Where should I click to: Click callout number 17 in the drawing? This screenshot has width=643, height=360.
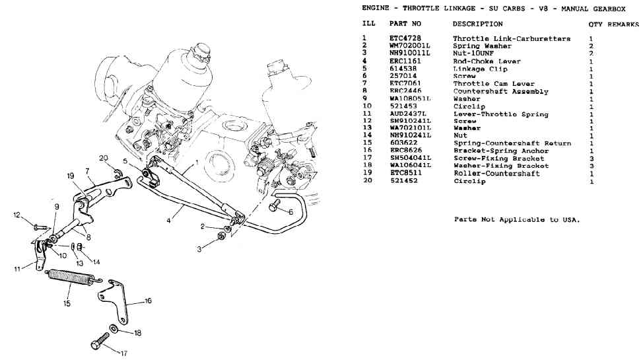pos(123,353)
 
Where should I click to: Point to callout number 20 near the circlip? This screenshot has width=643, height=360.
pos(103,157)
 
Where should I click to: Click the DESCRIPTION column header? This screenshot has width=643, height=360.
pos(477,24)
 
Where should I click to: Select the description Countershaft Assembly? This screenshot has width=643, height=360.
pos(500,92)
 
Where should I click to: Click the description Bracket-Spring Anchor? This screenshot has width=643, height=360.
pos(499,151)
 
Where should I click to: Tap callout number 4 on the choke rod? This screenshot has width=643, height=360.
pos(168,221)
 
